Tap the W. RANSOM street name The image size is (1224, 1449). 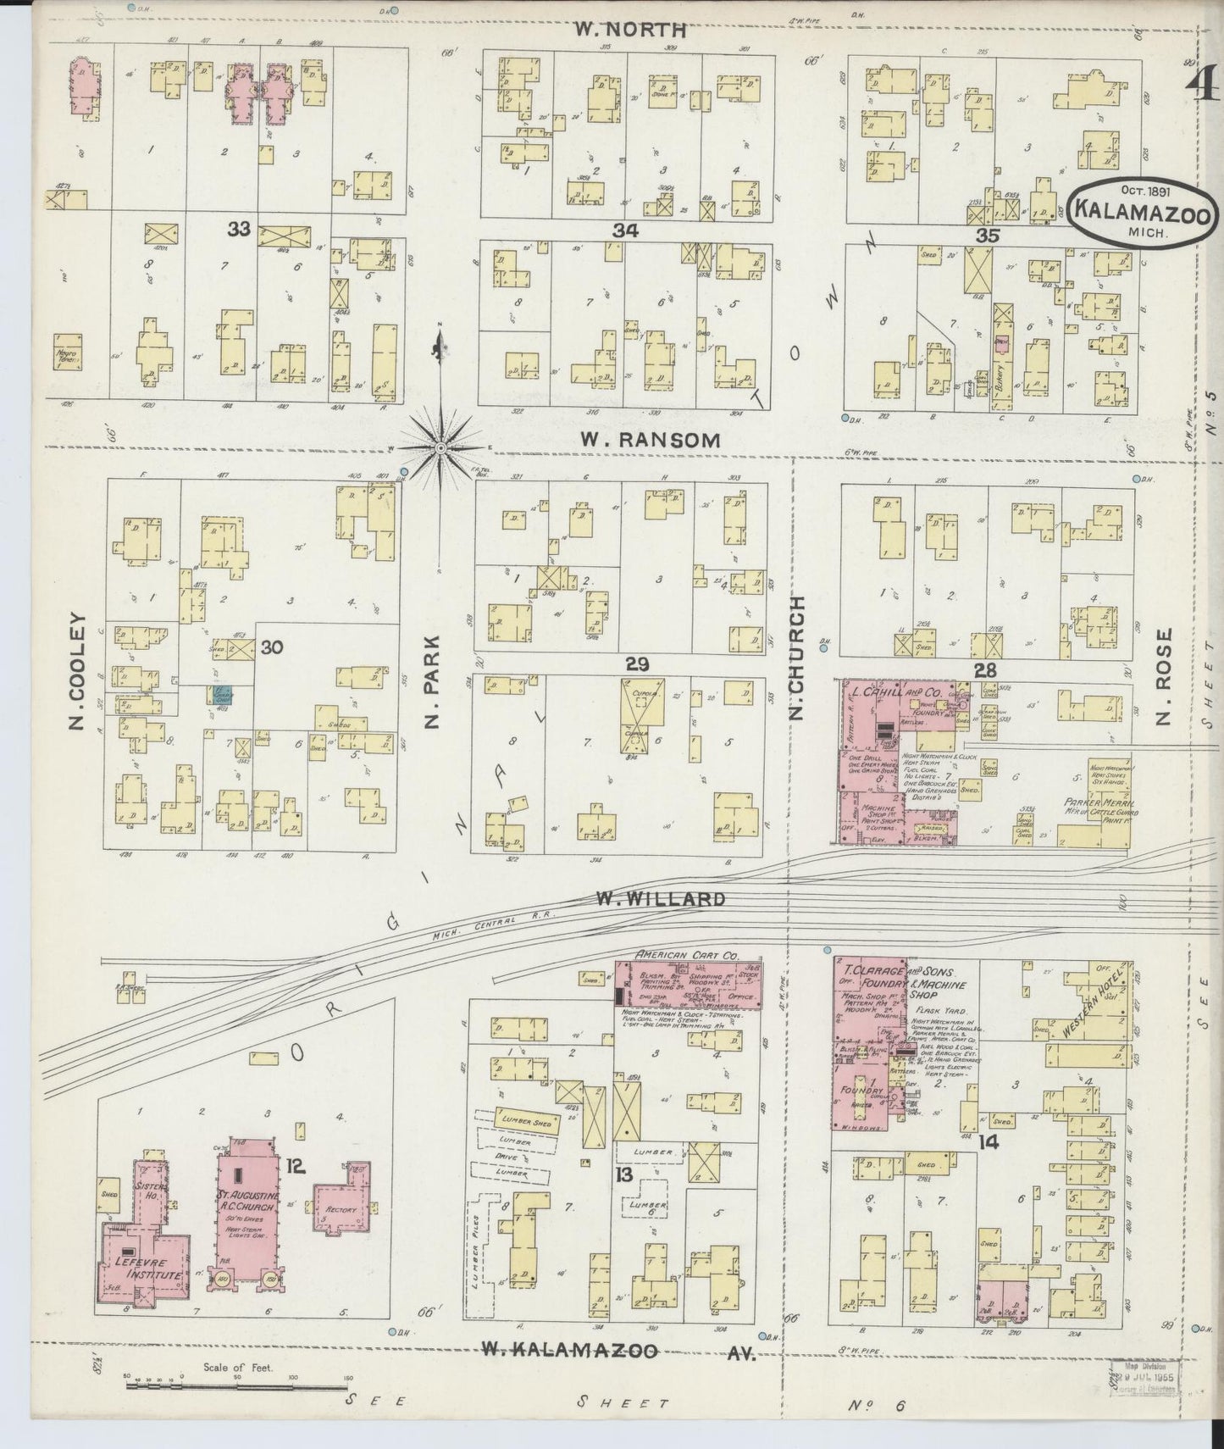(651, 440)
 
